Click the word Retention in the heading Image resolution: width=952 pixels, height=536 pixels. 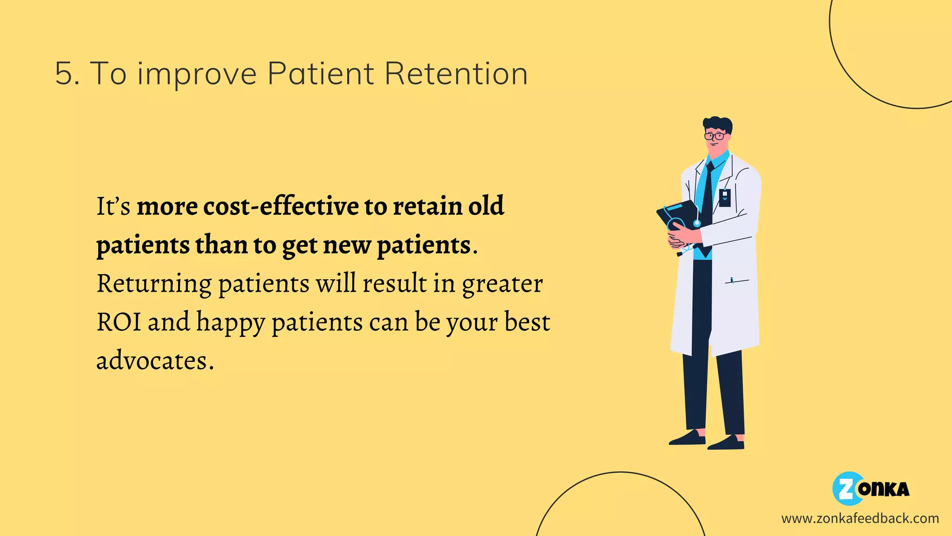(456, 74)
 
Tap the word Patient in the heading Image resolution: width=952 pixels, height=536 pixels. (321, 74)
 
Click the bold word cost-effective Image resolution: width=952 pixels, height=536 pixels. (281, 206)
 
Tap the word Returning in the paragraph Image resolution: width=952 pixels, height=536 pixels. (154, 284)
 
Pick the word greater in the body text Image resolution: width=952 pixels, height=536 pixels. (502, 284)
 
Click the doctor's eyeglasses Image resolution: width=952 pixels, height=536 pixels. (714, 136)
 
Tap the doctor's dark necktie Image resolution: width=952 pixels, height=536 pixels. (707, 195)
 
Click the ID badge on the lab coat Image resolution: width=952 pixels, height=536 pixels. (725, 197)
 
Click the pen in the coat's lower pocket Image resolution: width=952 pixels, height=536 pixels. (732, 281)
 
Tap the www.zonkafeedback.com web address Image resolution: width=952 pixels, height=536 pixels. (860, 518)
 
